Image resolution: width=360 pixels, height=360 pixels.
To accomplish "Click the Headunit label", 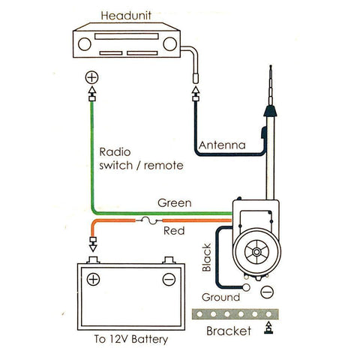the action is (x=126, y=16).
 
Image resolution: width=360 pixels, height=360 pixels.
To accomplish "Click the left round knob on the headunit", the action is (x=85, y=44).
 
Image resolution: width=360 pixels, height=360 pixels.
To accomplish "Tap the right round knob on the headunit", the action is (x=169, y=43).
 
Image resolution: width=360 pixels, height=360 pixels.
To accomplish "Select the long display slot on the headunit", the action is (x=127, y=36).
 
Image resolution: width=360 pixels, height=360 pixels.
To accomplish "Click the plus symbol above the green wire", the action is (x=91, y=77).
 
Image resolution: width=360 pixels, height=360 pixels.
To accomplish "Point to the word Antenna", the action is (x=222, y=145).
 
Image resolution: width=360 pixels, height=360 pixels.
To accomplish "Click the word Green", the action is (x=175, y=202).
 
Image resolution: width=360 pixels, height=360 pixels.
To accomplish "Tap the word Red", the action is (x=174, y=230).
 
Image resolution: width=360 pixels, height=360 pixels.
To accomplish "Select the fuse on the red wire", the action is (x=149, y=220).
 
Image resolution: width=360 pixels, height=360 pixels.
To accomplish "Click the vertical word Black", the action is (x=207, y=257).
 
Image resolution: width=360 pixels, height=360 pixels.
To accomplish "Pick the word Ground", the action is (x=220, y=297).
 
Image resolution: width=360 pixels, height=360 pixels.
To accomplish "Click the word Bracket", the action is (x=229, y=331).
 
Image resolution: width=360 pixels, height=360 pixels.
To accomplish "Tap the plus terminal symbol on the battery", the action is (x=93, y=279).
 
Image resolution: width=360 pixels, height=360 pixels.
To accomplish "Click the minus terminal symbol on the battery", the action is (x=169, y=279).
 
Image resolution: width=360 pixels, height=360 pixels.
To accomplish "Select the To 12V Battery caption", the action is (x=131, y=339).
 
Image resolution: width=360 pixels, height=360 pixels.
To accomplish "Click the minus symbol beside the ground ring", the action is (x=267, y=292).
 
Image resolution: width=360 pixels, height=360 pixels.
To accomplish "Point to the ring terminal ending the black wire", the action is (x=246, y=287).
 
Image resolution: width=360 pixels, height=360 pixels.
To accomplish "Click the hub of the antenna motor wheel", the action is (x=256, y=252).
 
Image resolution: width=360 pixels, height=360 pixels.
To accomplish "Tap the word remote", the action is (x=163, y=166).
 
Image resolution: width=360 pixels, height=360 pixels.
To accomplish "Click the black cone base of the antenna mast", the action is (x=270, y=111).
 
